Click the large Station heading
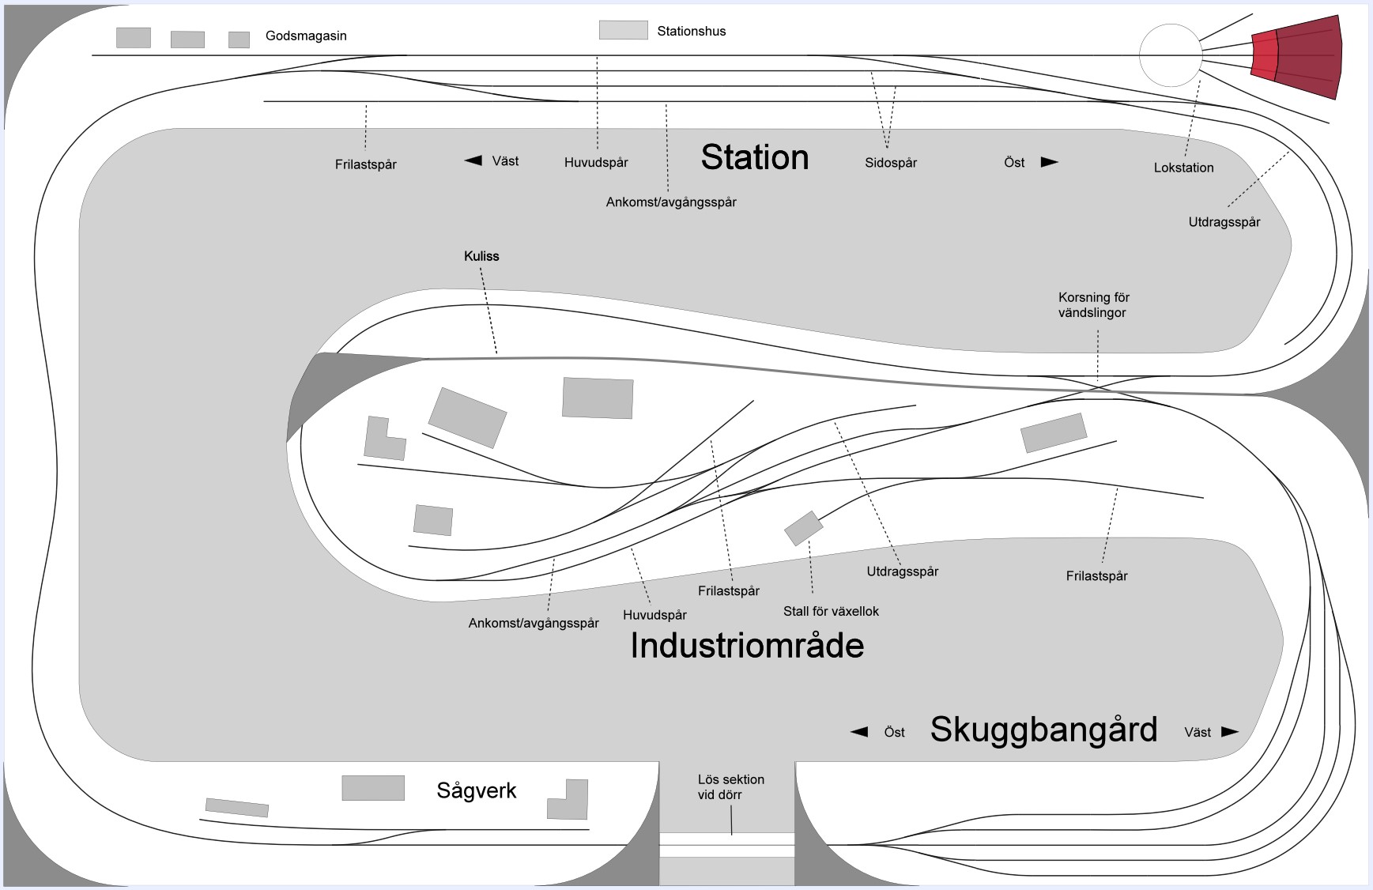tap(754, 157)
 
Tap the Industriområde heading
tap(746, 646)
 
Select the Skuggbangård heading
tap(1043, 729)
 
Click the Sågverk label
tap(476, 790)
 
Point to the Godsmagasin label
tap(306, 36)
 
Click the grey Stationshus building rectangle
tap(623, 30)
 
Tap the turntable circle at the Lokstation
tap(1171, 55)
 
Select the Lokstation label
tap(1183, 168)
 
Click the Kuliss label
tap(481, 256)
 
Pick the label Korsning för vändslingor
tap(1093, 305)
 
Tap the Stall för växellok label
tap(831, 611)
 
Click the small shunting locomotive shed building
tap(803, 528)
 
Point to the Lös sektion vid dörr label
tap(730, 786)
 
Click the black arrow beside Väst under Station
tap(473, 160)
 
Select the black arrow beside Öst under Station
tap(1049, 162)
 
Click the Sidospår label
tap(890, 163)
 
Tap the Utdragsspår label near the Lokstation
tap(1224, 222)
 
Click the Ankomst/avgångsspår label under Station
tap(671, 202)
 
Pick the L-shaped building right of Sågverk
tap(570, 799)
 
